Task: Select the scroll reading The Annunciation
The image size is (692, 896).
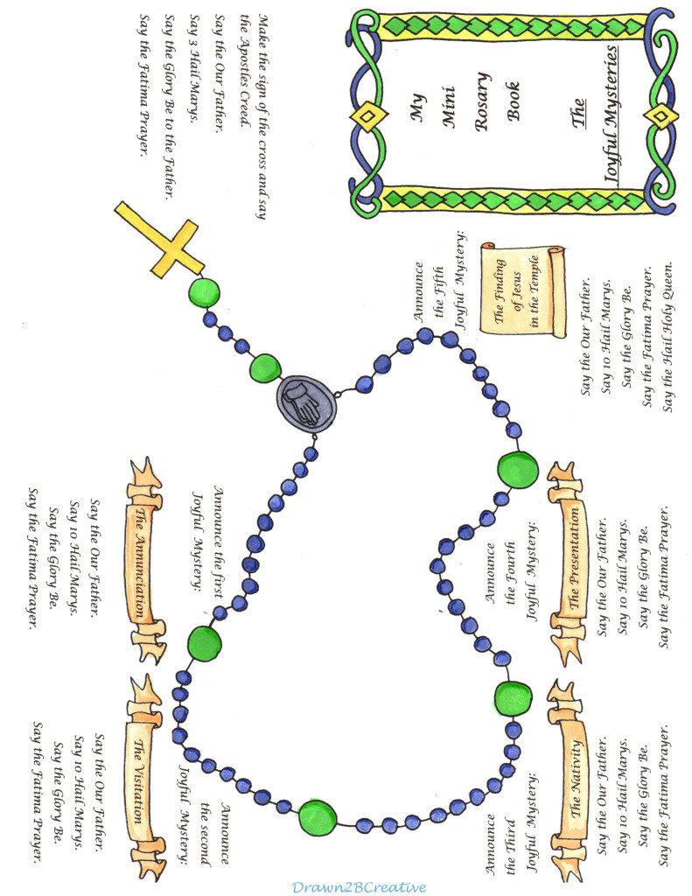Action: coord(143,560)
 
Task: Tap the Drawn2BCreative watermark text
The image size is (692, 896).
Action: coord(359,887)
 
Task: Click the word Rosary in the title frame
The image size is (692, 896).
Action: coord(482,101)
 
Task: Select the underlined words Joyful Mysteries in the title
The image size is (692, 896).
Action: coord(612,115)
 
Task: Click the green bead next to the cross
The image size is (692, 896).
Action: coord(204,292)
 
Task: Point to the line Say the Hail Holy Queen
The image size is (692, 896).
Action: coord(667,337)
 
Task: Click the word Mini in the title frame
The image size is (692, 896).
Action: coord(449,106)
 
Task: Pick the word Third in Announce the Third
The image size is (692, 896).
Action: coord(510,838)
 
